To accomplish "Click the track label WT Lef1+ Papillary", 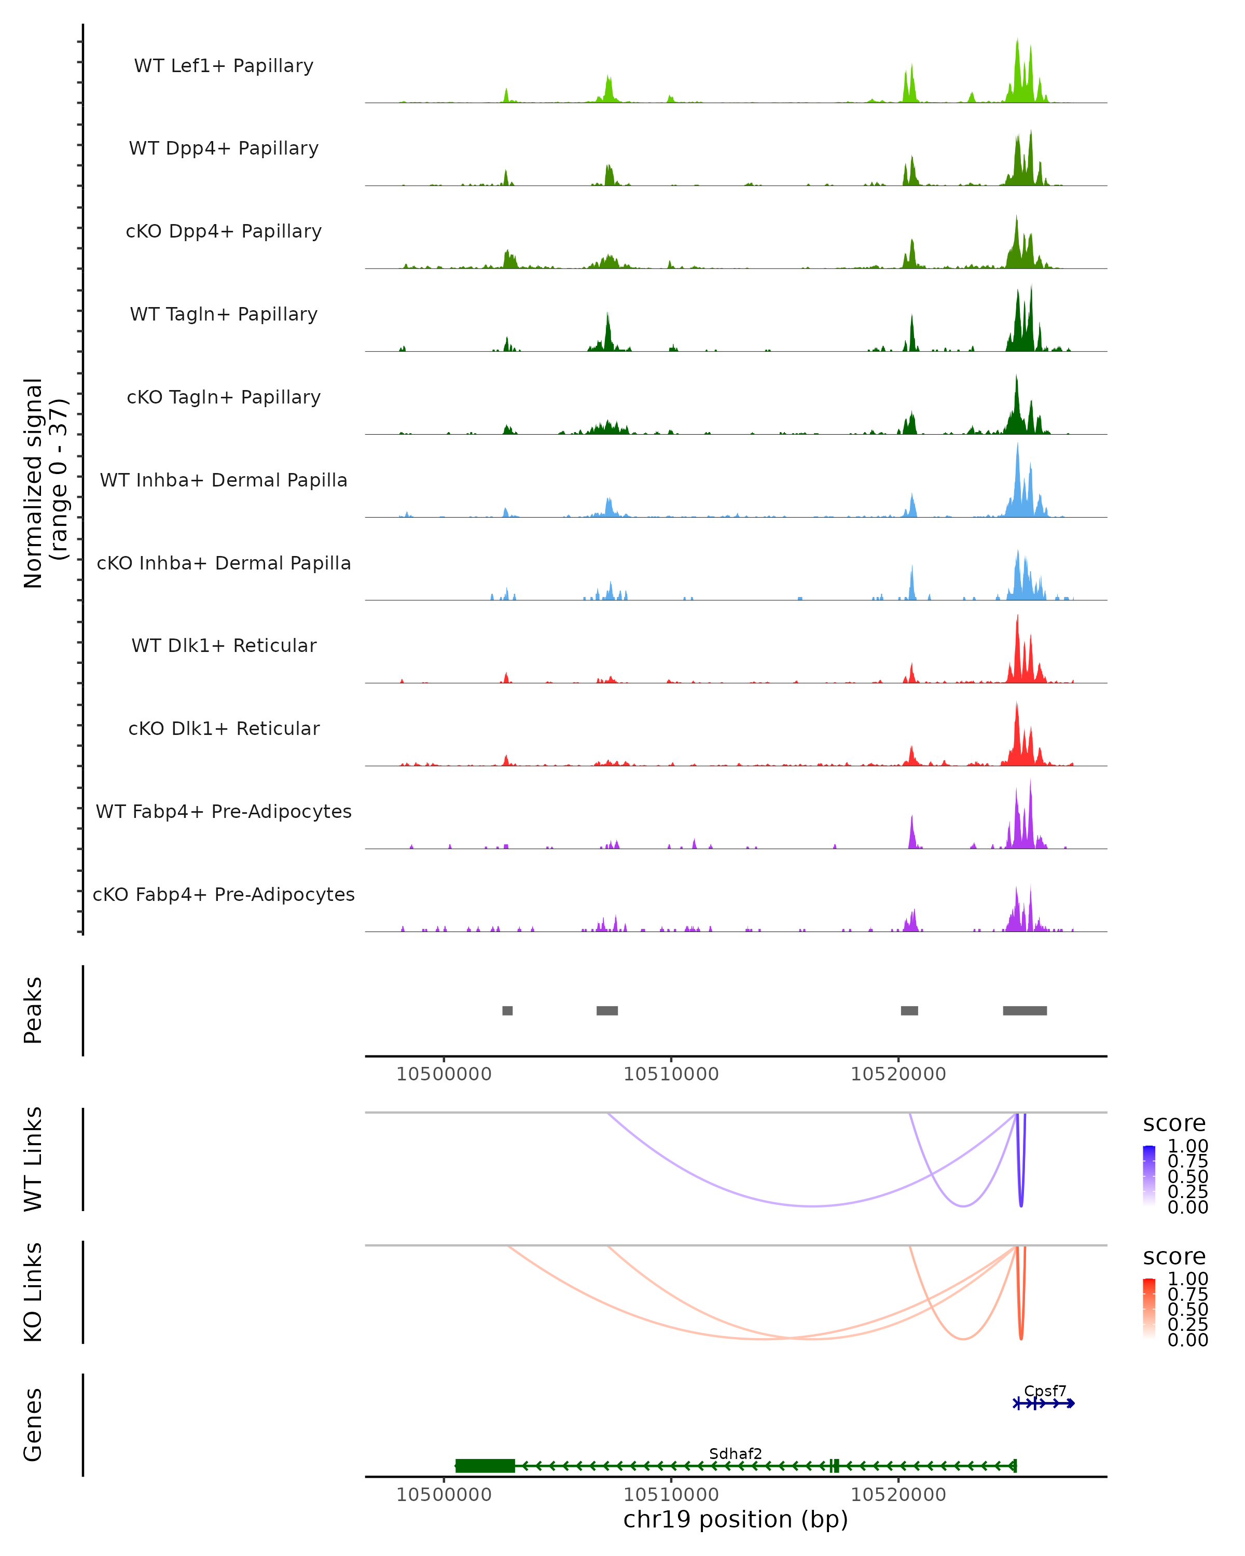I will tap(224, 66).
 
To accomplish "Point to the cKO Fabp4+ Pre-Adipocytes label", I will tap(224, 894).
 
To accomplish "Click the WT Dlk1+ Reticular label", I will tap(224, 645).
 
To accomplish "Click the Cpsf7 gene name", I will tap(1044, 1391).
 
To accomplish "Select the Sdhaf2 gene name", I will tap(735, 1453).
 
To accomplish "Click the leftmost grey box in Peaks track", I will tap(507, 1010).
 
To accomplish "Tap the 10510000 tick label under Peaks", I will tap(671, 1074).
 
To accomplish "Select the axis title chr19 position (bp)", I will tap(735, 1520).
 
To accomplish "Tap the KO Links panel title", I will tap(33, 1292).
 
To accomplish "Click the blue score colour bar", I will tap(1149, 1174).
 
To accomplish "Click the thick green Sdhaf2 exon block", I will tap(485, 1466).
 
